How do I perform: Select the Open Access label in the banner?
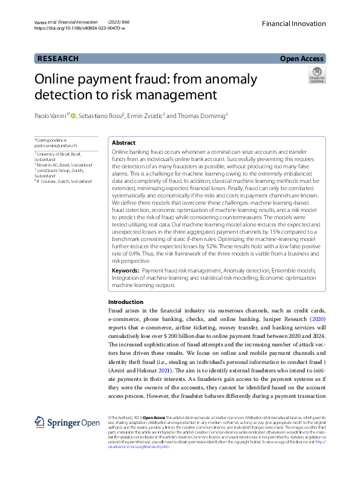coord(302,59)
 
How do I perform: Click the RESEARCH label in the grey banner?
coord(57,59)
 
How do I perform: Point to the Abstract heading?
coord(124,142)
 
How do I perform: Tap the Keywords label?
coord(126,269)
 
